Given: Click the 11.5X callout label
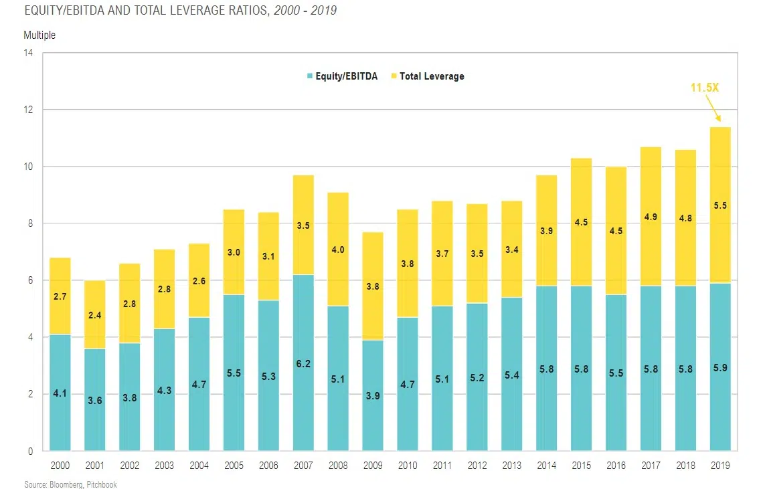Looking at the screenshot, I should click(x=704, y=88).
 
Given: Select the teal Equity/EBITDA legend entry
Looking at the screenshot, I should click(x=342, y=76).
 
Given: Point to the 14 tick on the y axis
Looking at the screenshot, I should click(x=28, y=53).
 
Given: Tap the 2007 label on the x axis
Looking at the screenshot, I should click(x=303, y=465).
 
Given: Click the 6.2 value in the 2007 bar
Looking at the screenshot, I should click(x=303, y=365).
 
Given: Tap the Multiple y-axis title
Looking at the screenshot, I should click(x=39, y=35).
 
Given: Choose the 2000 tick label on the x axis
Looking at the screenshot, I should click(x=60, y=465).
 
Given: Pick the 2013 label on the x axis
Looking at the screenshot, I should click(x=512, y=465).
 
